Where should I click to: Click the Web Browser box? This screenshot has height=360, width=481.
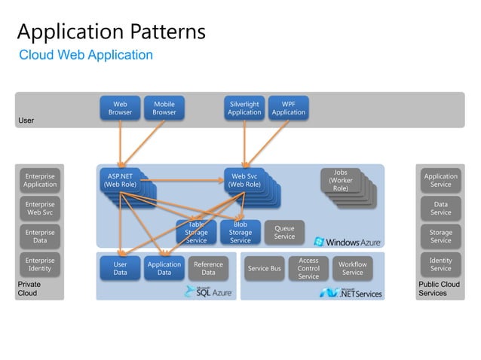click(120, 108)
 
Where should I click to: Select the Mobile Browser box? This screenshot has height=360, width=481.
click(164, 108)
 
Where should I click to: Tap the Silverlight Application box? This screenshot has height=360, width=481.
click(244, 108)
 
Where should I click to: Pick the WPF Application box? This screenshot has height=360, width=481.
click(289, 108)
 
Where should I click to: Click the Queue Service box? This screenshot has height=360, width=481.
click(284, 232)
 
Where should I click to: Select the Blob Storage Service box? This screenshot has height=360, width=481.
click(240, 233)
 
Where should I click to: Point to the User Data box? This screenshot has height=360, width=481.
click(120, 268)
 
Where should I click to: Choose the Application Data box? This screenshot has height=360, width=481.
click(164, 268)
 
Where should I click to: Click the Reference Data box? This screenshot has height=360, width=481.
click(208, 268)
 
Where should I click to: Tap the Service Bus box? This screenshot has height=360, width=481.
click(264, 269)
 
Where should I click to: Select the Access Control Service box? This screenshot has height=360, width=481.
click(308, 269)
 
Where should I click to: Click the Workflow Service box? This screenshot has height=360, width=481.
click(352, 269)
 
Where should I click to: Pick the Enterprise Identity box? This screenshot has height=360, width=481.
click(40, 264)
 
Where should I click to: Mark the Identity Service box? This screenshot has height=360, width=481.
click(440, 264)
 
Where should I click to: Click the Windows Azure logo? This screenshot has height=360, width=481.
click(348, 242)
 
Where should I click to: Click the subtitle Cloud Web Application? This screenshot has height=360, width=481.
click(85, 55)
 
